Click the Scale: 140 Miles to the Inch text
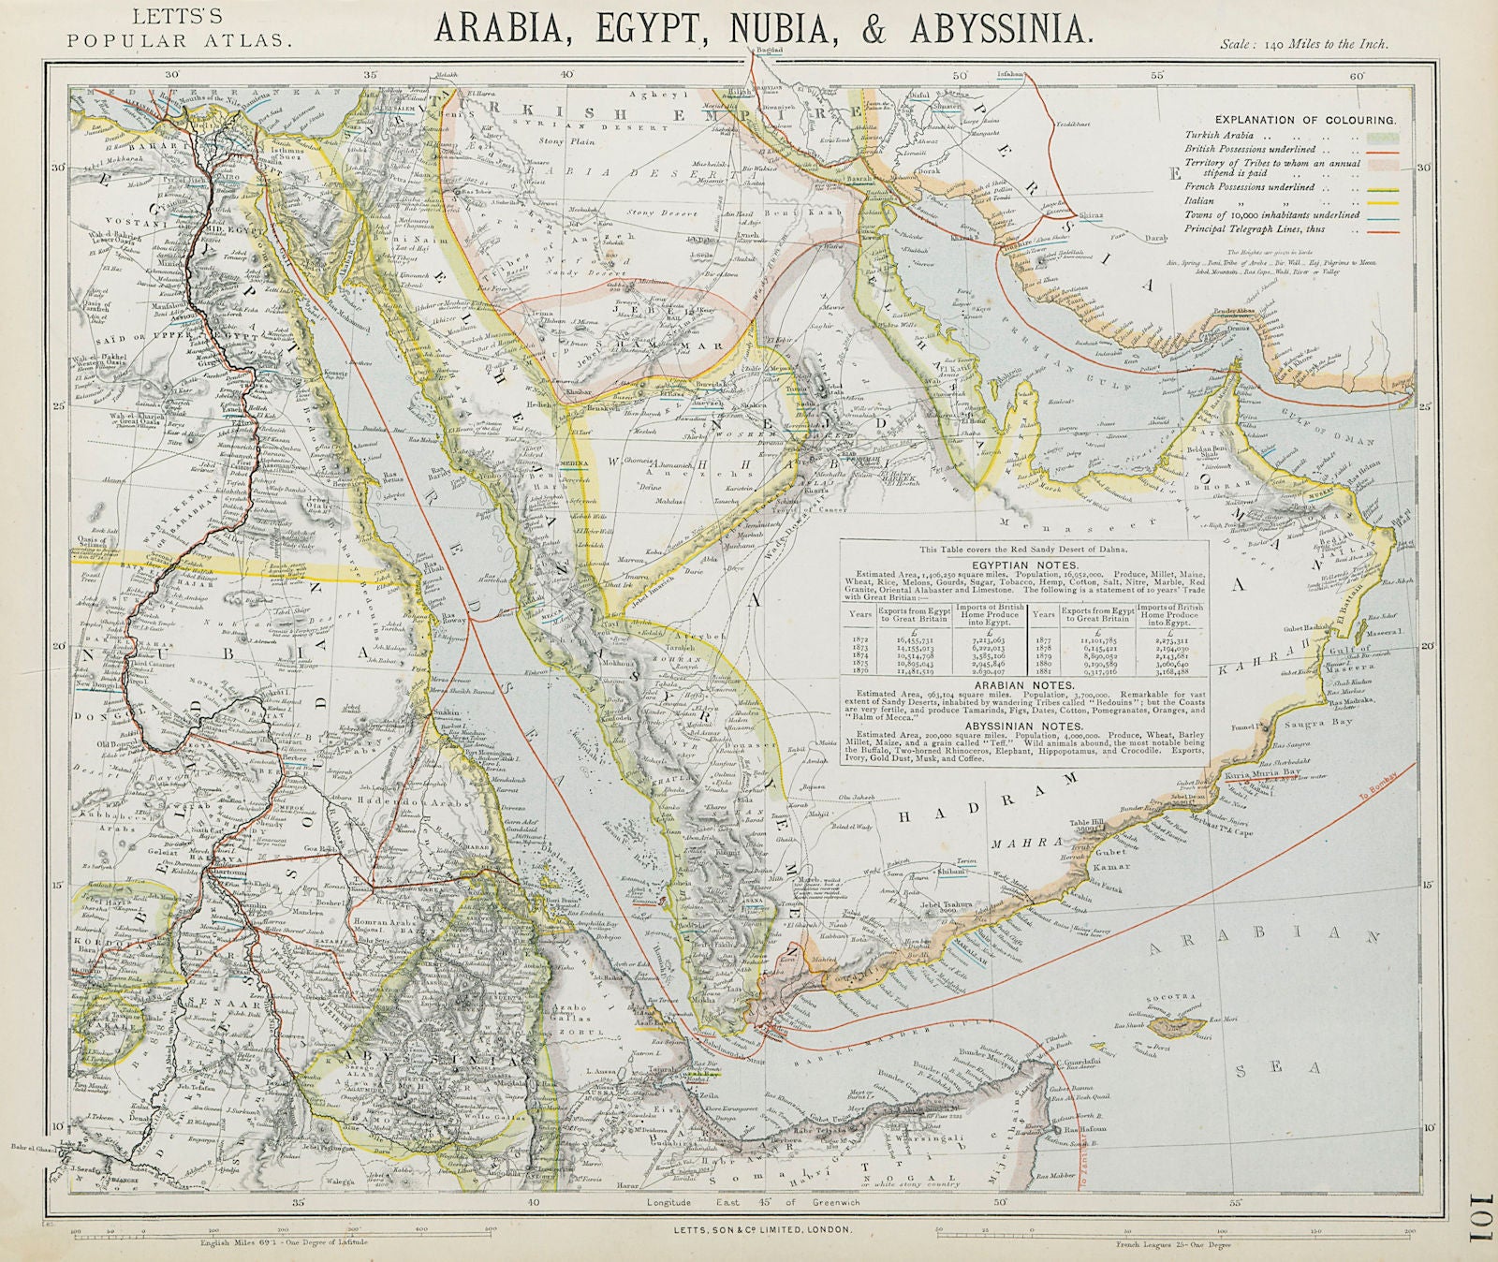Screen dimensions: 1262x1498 click(1304, 44)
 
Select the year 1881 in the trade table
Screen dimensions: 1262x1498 click(1043, 671)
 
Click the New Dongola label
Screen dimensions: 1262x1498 click(101, 688)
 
